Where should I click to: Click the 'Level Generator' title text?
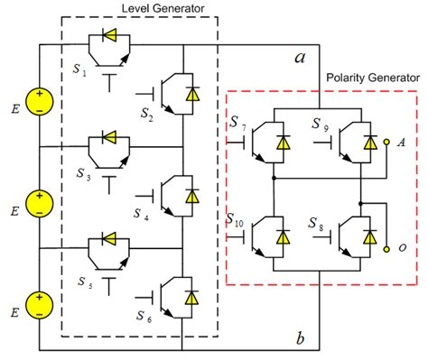point(163,8)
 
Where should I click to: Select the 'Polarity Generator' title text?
point(373,78)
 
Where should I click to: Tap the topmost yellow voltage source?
point(40,102)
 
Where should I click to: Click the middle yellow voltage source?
point(40,204)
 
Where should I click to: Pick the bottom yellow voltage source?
point(40,306)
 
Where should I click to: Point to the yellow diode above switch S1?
point(109,35)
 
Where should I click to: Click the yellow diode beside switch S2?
point(192,94)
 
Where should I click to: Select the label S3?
point(83,174)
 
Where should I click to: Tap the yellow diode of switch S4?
point(192,196)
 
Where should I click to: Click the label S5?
point(85,282)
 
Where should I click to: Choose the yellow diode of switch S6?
point(192,298)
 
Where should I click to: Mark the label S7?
point(237,124)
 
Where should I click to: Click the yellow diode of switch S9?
point(370,143)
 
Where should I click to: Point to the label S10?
point(235,220)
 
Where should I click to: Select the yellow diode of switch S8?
point(370,237)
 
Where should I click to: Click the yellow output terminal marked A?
point(386,142)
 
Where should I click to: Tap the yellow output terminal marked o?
point(386,249)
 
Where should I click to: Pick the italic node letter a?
point(300,58)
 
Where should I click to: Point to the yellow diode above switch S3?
point(109,137)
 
